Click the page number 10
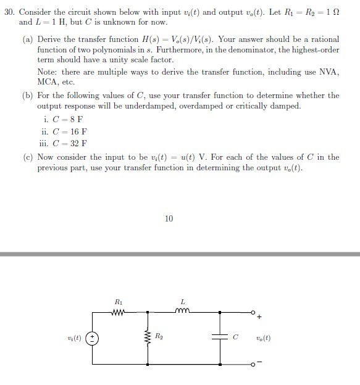pyautogui.click(x=170, y=218)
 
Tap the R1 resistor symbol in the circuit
pyautogui.click(x=119, y=311)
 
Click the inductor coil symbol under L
pyautogui.click(x=183, y=310)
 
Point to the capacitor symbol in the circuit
pyautogui.click(x=220, y=337)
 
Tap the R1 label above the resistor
pyautogui.click(x=119, y=301)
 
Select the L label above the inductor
pyautogui.click(x=183, y=301)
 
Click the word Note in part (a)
pyautogui.click(x=47, y=72)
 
